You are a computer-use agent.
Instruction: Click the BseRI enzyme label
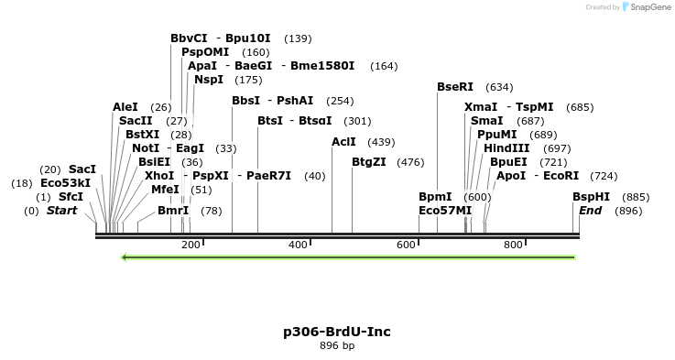click(455, 87)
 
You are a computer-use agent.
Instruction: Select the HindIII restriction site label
click(506, 148)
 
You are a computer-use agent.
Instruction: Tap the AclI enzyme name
click(343, 142)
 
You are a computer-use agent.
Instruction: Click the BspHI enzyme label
click(591, 197)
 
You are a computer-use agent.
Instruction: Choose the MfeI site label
click(165, 190)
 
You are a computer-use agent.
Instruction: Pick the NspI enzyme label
click(209, 80)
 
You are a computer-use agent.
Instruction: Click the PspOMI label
click(205, 52)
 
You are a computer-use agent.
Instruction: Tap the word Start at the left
click(62, 211)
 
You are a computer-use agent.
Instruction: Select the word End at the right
click(590, 211)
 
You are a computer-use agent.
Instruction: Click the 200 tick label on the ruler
click(191, 245)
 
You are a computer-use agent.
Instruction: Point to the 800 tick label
click(513, 245)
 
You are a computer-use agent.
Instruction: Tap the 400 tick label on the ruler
click(298, 245)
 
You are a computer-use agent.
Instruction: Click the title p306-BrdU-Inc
click(337, 332)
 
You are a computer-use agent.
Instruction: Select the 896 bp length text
click(337, 346)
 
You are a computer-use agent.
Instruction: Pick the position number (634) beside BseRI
click(499, 87)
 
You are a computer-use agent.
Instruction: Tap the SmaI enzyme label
click(486, 121)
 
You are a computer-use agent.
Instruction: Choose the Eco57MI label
click(445, 211)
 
